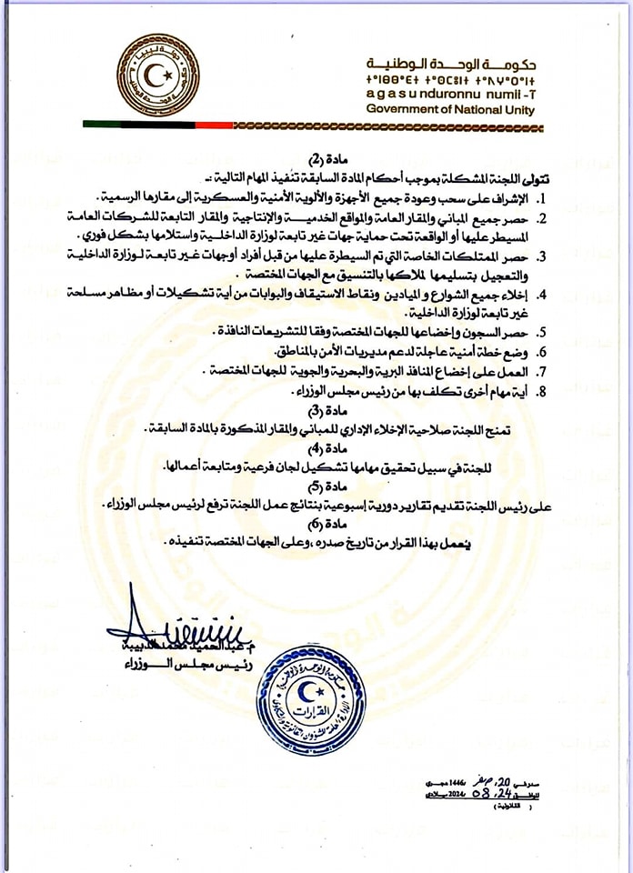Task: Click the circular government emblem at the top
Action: coord(159,75)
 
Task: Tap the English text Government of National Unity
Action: coord(450,110)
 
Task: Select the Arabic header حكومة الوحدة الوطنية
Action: coord(451,64)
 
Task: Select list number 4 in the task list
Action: coord(540,295)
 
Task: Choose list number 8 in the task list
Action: coord(540,391)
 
